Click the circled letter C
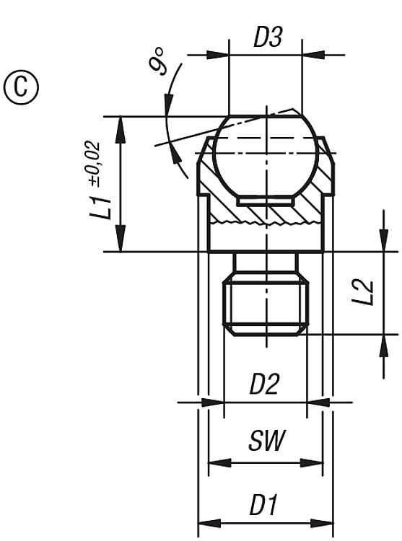point(21,87)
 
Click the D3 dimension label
point(268,37)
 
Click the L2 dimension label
point(362,292)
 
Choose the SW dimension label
point(266,440)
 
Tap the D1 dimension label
point(263,504)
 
